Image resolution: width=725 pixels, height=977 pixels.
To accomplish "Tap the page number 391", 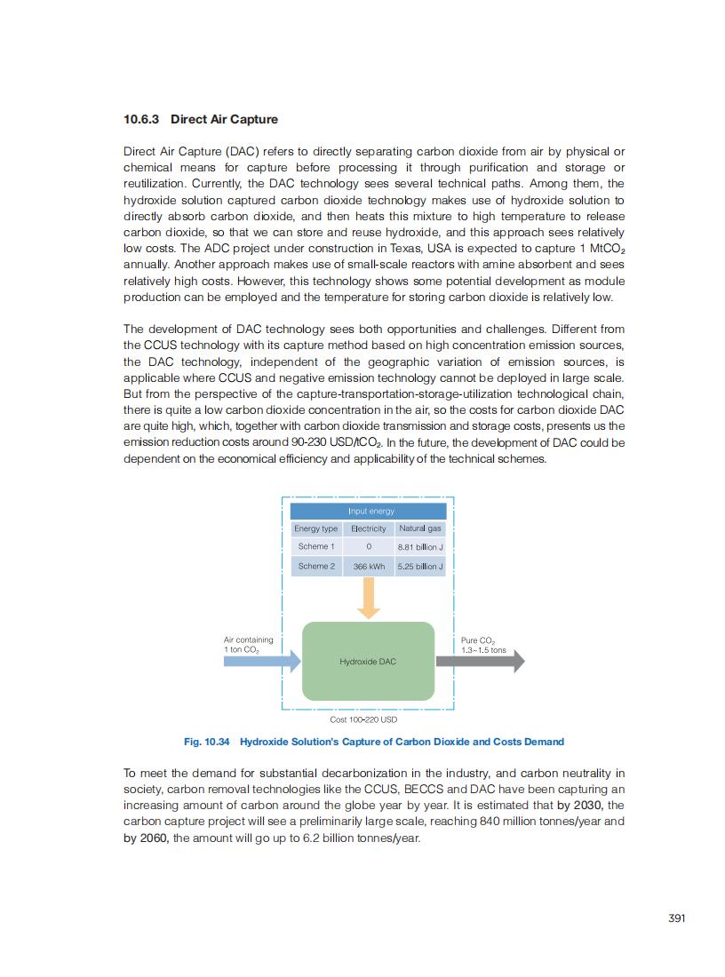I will pyautogui.click(x=676, y=918).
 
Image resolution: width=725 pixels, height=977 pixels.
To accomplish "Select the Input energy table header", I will pyautogui.click(x=370, y=511).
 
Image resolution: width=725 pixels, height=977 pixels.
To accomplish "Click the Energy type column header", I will pyautogui.click(x=316, y=528).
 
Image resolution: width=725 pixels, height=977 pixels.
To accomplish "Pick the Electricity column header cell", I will pyautogui.click(x=369, y=528).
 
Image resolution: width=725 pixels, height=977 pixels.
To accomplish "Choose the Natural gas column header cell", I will pyautogui.click(x=420, y=528).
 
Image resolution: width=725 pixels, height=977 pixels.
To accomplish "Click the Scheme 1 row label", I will pyautogui.click(x=316, y=546).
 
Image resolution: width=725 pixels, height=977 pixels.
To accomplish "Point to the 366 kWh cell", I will pyautogui.click(x=369, y=566).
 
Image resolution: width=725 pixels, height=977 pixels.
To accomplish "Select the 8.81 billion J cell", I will pyautogui.click(x=420, y=547).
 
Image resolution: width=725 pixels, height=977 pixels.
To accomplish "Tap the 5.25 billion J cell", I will pyautogui.click(x=420, y=566).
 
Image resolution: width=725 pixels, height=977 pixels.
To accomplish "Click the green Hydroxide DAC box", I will pyautogui.click(x=368, y=662).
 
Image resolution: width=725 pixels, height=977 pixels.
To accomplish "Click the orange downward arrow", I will pyautogui.click(x=368, y=598).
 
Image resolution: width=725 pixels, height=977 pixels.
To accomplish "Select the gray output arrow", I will pyautogui.click(x=479, y=662).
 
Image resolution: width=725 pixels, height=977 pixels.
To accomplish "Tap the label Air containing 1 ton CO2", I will pyautogui.click(x=248, y=645).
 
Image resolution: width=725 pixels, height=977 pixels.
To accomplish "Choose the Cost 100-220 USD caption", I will pyautogui.click(x=363, y=719).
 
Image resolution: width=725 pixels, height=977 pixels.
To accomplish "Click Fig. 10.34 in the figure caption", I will pyautogui.click(x=206, y=742).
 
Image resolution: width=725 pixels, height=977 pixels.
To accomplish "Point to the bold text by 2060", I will pyautogui.click(x=146, y=838).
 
